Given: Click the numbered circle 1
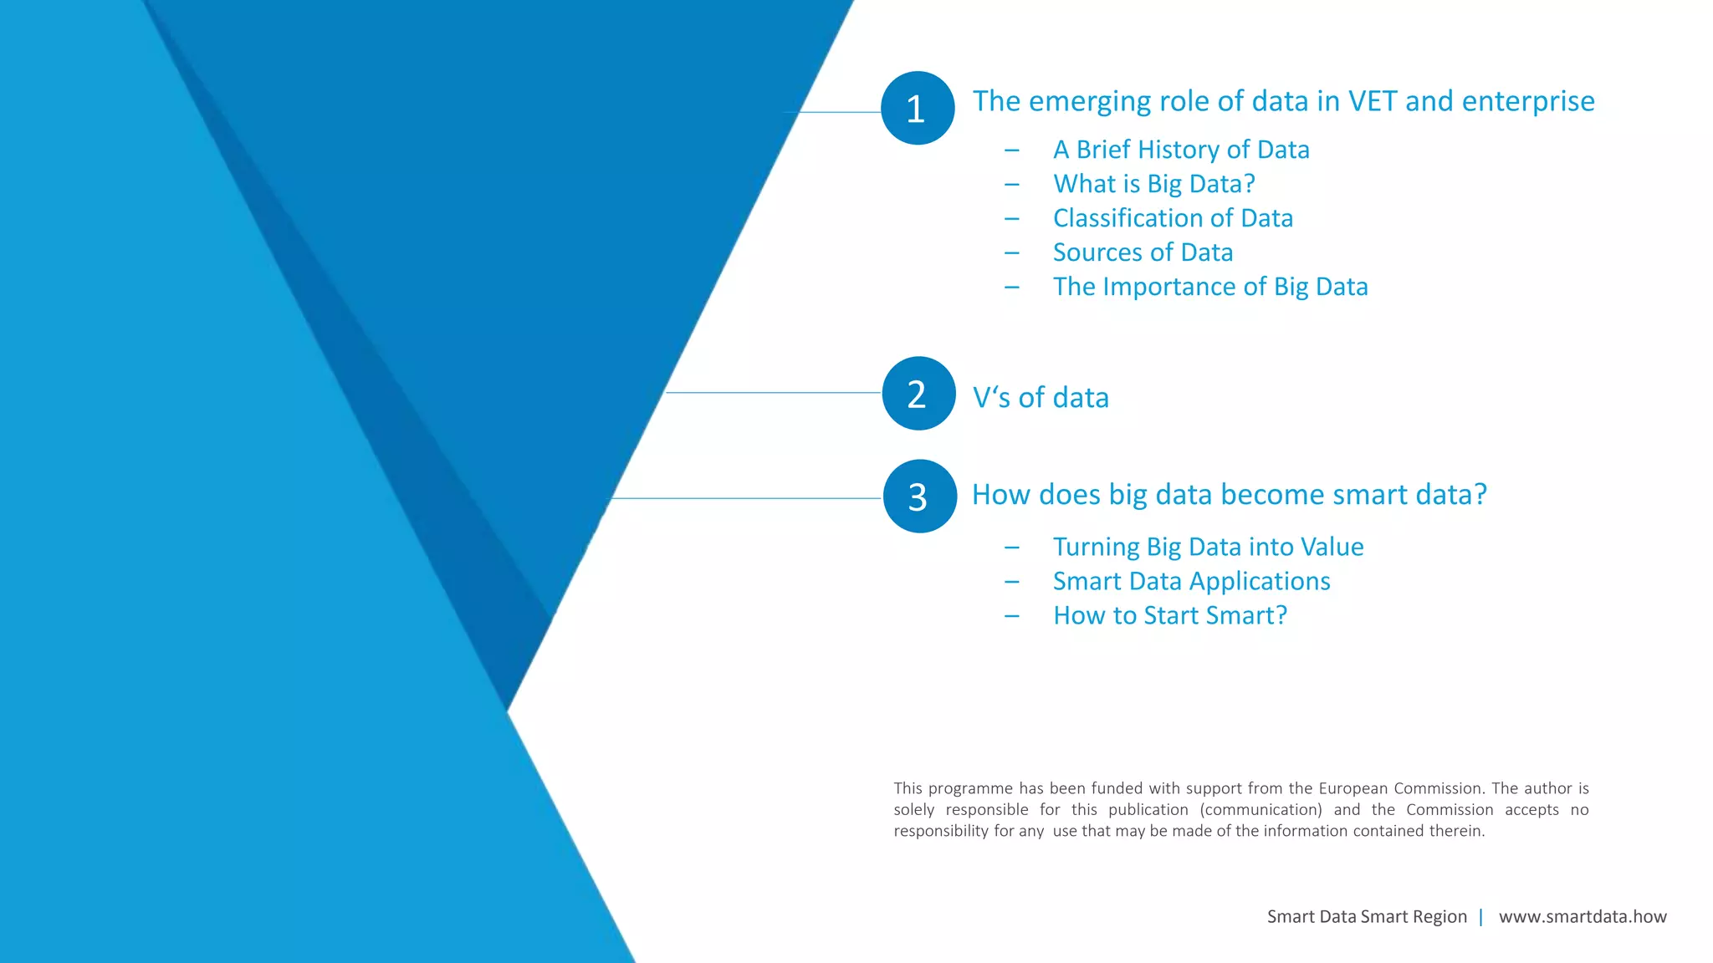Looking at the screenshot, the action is click(918, 108).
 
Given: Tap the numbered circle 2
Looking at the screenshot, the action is click(918, 394).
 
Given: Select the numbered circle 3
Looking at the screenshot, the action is click(919, 497).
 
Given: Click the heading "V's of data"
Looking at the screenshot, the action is click(1041, 398).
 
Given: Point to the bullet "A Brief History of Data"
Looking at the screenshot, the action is click(1181, 150).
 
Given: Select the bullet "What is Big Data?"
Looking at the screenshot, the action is click(1154, 184).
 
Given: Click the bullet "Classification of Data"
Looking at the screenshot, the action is click(1173, 218).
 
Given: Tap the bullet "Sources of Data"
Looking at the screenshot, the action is click(1143, 252).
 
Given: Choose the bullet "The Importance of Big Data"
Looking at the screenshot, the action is click(1210, 287).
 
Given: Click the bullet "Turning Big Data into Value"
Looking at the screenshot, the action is click(1208, 547).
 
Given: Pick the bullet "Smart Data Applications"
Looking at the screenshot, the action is click(1191, 581).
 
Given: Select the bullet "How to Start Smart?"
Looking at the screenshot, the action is click(1169, 615).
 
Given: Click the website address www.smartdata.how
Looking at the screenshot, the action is click(1583, 917).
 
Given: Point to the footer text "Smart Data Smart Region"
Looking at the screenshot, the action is click(1367, 917).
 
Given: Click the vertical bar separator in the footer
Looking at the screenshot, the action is click(1481, 917).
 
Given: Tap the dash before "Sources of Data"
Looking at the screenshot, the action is click(1012, 252).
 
